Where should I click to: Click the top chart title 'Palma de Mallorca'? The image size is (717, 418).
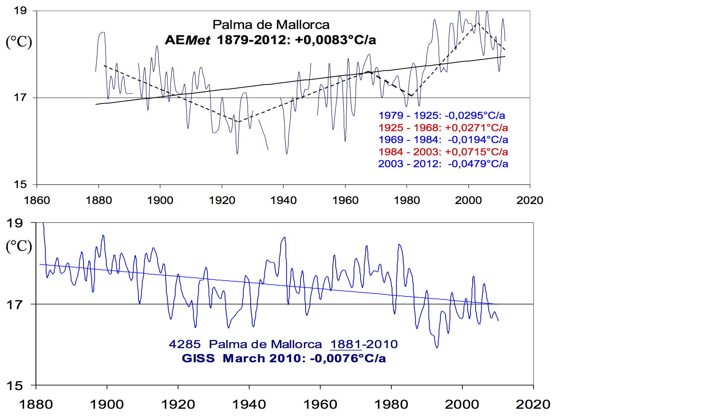271,25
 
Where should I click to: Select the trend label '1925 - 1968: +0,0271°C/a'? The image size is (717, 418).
443,128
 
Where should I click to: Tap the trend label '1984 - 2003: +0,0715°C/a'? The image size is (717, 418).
443,152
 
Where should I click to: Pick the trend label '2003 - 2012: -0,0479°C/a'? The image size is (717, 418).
443,164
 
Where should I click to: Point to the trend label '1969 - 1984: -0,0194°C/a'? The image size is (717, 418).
443,140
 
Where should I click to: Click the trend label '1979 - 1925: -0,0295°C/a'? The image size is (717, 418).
441,116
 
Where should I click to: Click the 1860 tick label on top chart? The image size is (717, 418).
37,200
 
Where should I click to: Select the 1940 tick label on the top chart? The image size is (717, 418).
283,200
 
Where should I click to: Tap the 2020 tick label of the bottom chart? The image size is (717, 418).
533,404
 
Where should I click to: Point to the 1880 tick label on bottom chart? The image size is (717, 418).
36,404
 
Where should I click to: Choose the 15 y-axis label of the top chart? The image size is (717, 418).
20,184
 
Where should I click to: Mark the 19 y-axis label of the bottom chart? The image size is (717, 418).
15,223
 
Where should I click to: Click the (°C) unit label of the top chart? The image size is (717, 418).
19,42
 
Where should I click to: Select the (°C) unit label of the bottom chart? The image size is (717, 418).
19,246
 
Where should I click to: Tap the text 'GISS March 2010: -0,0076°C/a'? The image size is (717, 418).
284,359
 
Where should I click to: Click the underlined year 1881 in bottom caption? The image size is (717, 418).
346,344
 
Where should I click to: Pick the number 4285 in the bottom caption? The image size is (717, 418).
185,344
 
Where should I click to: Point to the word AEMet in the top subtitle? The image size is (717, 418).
188,40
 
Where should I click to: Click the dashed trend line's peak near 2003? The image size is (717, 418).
478,23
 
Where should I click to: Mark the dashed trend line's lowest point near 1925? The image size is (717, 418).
238,121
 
